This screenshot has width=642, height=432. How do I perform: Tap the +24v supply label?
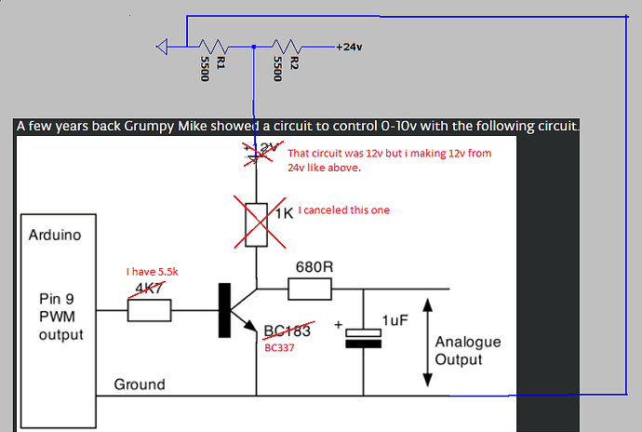click(x=348, y=47)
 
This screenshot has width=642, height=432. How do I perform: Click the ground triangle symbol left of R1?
click(x=164, y=47)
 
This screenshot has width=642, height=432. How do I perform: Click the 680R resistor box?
click(x=309, y=289)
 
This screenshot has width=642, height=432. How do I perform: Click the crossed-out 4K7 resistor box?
click(x=149, y=310)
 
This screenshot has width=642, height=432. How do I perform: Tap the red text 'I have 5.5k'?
click(x=152, y=271)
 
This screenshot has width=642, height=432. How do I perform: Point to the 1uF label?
click(x=395, y=320)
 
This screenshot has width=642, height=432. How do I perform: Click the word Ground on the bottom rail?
click(x=140, y=385)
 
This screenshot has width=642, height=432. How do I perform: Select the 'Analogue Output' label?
click(x=468, y=351)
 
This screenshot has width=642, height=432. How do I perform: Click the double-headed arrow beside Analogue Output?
click(x=427, y=341)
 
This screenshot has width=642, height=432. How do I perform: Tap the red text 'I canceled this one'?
click(x=344, y=210)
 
